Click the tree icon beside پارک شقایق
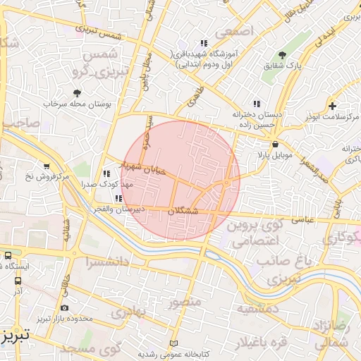pos(283,55)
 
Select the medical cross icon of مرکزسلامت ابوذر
pos(331,105)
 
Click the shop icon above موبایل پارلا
pos(264,143)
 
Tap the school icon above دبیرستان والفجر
pos(118,199)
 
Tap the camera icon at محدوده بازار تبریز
pos(65,308)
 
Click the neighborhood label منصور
pos(185,302)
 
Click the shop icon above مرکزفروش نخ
pos(46,166)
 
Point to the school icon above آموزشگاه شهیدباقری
pos(204,43)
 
